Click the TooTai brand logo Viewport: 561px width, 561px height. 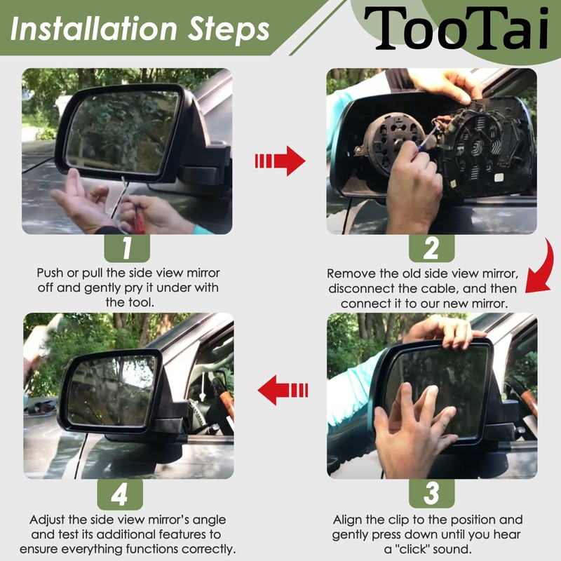coord(457,28)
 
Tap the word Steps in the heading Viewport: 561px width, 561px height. coord(229,31)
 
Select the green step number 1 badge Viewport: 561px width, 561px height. coord(127,248)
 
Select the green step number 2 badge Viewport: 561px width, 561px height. coord(431,248)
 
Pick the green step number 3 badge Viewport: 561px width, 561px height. coord(431,494)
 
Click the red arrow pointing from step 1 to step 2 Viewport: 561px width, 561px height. coord(280,161)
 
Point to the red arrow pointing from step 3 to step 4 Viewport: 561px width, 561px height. coord(283,391)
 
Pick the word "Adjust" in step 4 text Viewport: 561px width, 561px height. coord(48,520)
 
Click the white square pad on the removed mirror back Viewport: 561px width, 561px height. coord(499,178)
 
